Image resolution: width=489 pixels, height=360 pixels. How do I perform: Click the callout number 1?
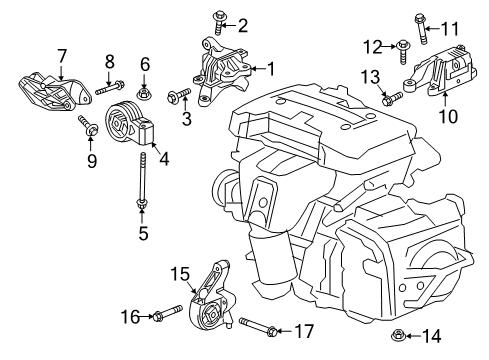269,69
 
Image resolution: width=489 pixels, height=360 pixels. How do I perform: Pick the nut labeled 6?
144,94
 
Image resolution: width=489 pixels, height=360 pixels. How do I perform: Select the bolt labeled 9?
87,126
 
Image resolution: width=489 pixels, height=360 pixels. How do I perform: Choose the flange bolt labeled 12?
400,45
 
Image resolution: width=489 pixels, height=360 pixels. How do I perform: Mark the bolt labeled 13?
391,98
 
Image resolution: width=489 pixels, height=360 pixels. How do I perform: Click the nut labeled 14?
398,335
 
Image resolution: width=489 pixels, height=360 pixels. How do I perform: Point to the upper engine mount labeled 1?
222,69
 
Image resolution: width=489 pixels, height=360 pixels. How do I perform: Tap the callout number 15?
178,274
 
